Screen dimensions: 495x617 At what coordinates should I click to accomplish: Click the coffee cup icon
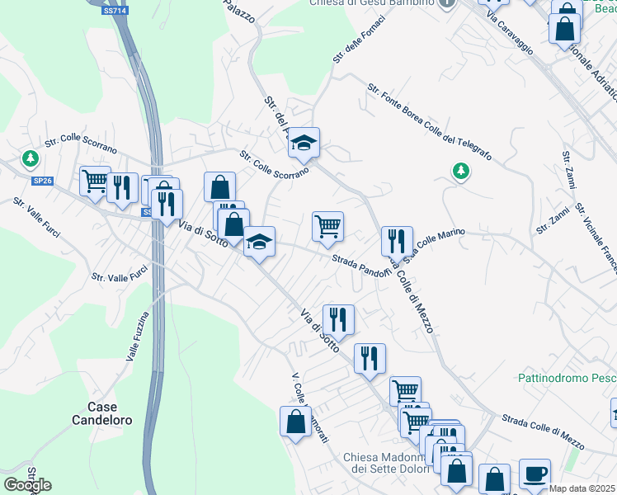pyautogui.click(x=535, y=474)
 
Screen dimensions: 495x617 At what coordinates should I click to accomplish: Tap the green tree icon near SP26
pyautogui.click(x=31, y=158)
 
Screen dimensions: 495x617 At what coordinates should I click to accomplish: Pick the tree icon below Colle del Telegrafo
pyautogui.click(x=460, y=172)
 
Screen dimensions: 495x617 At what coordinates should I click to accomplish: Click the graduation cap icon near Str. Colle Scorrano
pyautogui.click(x=304, y=143)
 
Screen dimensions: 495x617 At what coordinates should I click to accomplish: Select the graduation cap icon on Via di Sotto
pyautogui.click(x=259, y=242)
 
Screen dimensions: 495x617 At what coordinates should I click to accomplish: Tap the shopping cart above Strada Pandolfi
pyautogui.click(x=327, y=225)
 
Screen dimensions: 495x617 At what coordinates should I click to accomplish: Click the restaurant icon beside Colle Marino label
pyautogui.click(x=397, y=240)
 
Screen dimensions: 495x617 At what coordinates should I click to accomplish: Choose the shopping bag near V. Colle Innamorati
pyautogui.click(x=295, y=422)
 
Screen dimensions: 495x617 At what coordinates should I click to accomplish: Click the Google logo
pyautogui.click(x=27, y=484)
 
